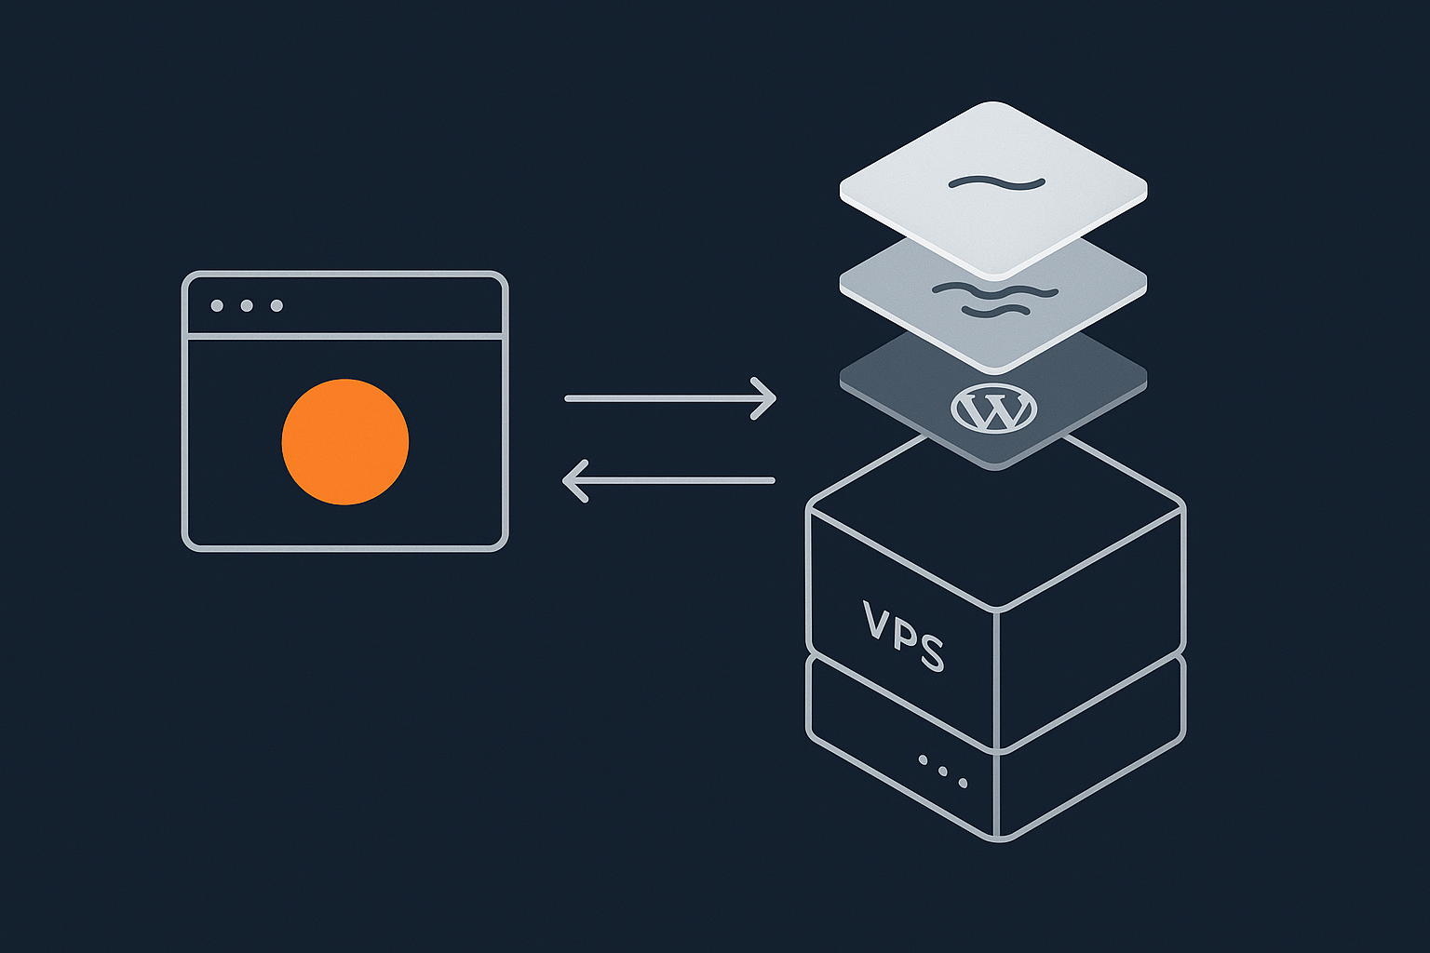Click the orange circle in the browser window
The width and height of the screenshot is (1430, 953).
pyautogui.click(x=345, y=442)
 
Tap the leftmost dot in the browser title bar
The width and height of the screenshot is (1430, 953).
pyautogui.click(x=217, y=306)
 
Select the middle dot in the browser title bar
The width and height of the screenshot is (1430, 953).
pyautogui.click(x=247, y=306)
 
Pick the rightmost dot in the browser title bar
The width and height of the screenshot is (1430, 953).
pyautogui.click(x=277, y=306)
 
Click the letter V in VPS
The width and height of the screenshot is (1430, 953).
pyautogui.click(x=879, y=622)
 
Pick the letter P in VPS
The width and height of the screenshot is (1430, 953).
pyautogui.click(x=905, y=637)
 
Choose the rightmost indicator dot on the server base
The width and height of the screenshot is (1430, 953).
pyautogui.click(x=964, y=784)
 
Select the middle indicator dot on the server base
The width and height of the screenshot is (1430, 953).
pyautogui.click(x=943, y=772)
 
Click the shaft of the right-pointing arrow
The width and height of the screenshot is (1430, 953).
pyautogui.click(x=661, y=399)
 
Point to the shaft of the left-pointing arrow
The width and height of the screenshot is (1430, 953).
pyautogui.click(x=680, y=481)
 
